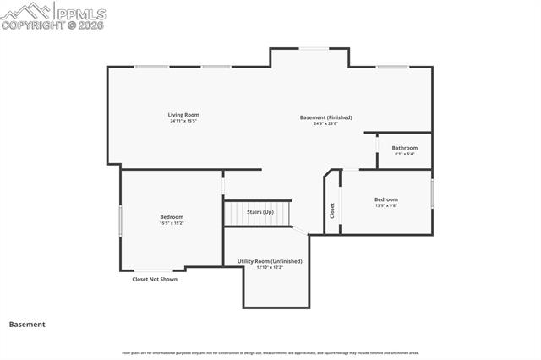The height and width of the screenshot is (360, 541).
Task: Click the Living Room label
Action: [x=183, y=115]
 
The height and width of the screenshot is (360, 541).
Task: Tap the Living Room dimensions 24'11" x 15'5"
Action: [x=183, y=121]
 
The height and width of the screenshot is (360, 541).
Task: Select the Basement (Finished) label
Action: [x=325, y=117]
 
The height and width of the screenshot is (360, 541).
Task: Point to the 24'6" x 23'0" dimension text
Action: [x=325, y=123]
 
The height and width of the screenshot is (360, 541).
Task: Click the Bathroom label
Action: [x=404, y=148]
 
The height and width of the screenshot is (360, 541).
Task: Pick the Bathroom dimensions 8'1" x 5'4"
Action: [x=404, y=154]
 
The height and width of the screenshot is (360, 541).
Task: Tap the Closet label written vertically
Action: [x=332, y=210]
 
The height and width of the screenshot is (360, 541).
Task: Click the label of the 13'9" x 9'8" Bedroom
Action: [x=386, y=199]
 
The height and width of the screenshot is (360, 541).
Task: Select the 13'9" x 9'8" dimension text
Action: [x=386, y=205]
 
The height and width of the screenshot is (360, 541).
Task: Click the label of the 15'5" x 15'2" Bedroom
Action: [x=172, y=217]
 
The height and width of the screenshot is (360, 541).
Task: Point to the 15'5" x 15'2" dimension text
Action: [x=172, y=223]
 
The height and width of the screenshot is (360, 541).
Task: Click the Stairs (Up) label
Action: [x=260, y=212]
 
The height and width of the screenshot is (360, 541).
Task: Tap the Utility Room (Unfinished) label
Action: [x=270, y=261]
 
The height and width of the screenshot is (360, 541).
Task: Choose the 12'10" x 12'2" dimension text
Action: [x=270, y=268]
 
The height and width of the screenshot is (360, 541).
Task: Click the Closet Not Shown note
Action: [x=155, y=279]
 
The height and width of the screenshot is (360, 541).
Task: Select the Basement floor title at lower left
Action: [x=27, y=324]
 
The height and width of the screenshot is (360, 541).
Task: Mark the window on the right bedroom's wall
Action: [x=432, y=194]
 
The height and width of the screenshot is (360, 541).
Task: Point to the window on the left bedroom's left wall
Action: [x=120, y=221]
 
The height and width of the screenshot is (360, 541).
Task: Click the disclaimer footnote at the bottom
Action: [x=270, y=352]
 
